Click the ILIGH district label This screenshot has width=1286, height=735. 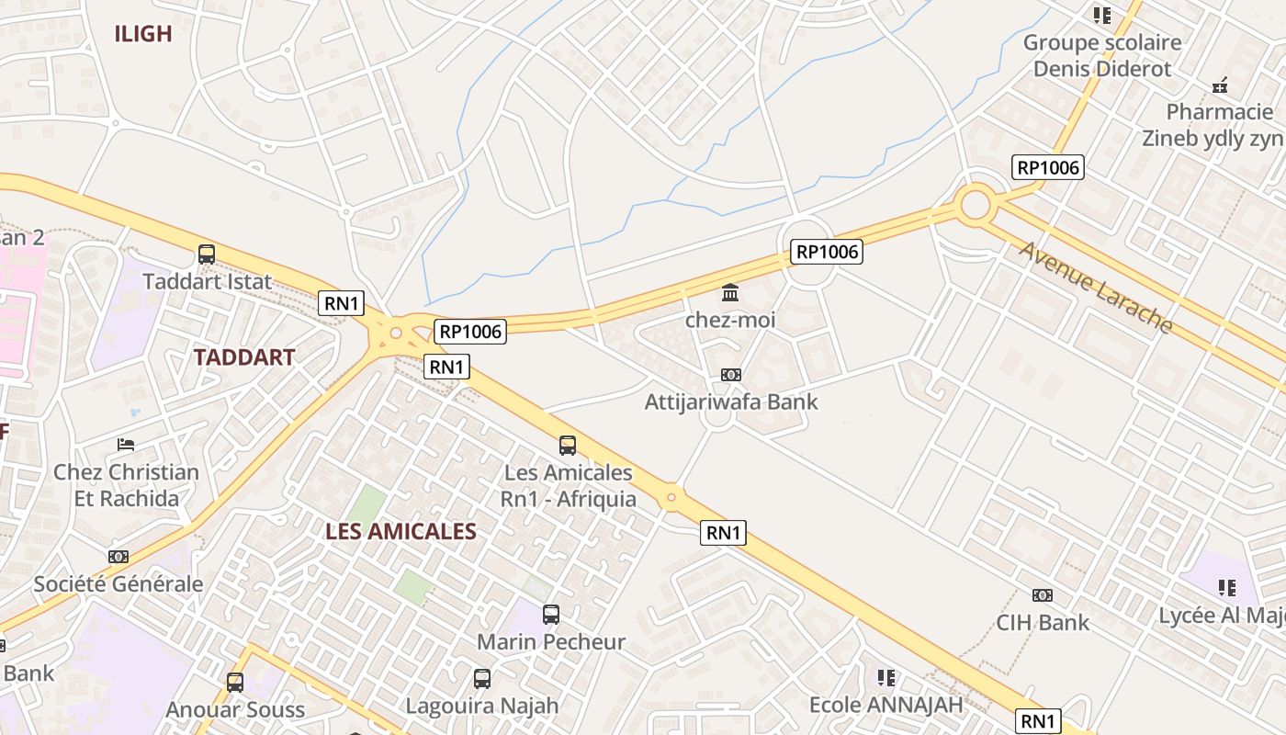(x=142, y=34)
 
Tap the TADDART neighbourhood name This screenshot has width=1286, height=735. (x=244, y=357)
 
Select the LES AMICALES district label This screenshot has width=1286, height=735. (x=400, y=531)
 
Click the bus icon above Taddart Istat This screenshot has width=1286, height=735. (x=207, y=254)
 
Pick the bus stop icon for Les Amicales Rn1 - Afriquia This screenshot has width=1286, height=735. (x=568, y=446)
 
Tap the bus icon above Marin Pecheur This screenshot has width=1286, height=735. (x=551, y=615)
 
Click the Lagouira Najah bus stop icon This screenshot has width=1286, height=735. (x=482, y=679)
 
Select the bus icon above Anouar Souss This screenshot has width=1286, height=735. (x=235, y=683)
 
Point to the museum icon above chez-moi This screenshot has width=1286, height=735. (x=730, y=293)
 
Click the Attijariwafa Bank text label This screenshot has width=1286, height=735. (x=730, y=401)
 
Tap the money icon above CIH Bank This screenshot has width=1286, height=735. (x=1042, y=595)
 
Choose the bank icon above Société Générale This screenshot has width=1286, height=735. (x=118, y=557)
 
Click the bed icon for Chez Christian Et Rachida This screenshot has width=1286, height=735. (x=126, y=446)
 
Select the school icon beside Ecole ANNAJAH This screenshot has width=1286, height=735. (x=886, y=678)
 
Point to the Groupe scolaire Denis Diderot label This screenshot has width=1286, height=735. (x=1102, y=55)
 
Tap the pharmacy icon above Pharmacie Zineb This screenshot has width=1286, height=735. (x=1220, y=86)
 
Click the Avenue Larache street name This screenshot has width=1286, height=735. (x=1095, y=287)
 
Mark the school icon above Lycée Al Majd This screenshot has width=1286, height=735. (x=1226, y=587)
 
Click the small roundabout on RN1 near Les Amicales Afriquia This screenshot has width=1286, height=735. (x=671, y=497)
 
